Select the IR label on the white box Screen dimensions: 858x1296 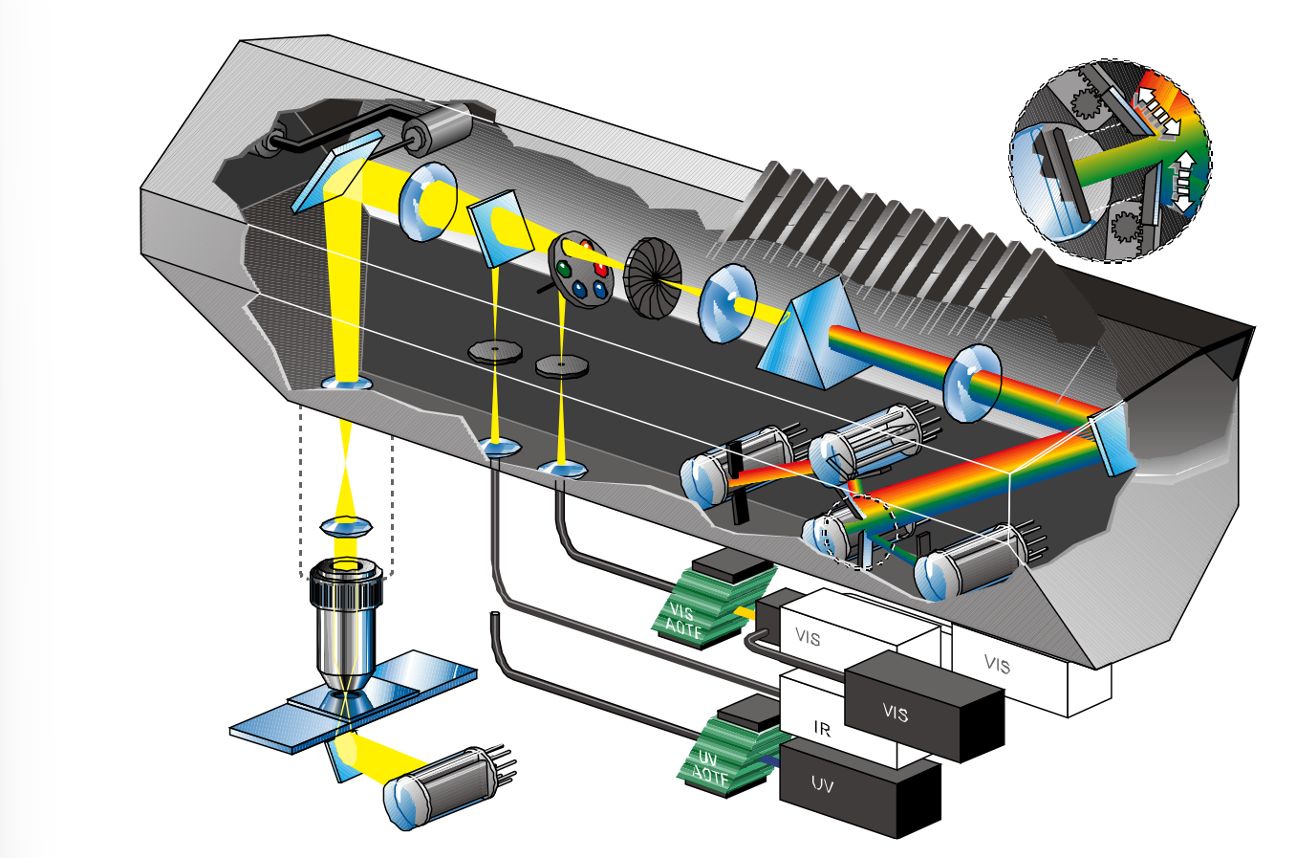(822, 729)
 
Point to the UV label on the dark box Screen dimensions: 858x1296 (822, 785)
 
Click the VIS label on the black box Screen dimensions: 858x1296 (896, 713)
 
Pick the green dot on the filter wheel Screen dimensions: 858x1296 (565, 269)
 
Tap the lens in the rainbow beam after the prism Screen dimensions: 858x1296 (972, 384)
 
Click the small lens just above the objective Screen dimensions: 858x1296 (345, 526)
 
